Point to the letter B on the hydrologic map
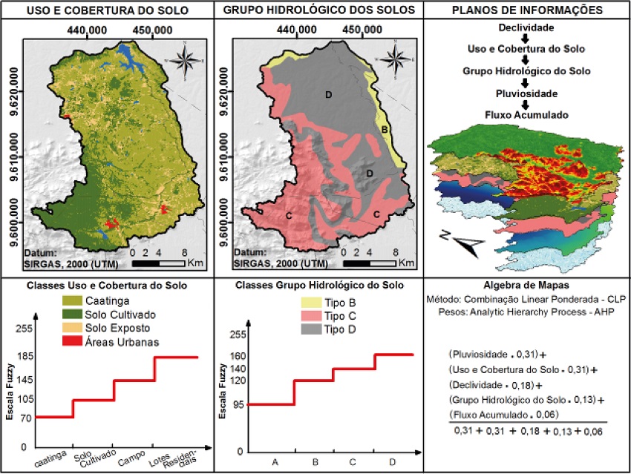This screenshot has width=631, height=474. click(x=385, y=130)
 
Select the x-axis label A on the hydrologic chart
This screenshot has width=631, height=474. click(x=275, y=462)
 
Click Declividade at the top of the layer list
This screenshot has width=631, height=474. click(x=524, y=27)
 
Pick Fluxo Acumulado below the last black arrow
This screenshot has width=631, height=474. click(x=526, y=115)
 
